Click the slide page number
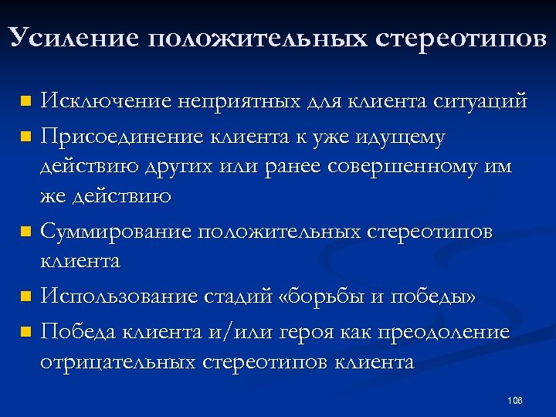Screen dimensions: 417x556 point(515,400)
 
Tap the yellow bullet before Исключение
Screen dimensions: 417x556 point(25,101)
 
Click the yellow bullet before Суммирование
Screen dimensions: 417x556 point(25,232)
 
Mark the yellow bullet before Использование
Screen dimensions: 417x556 point(25,297)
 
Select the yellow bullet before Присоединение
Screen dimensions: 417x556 point(25,137)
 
